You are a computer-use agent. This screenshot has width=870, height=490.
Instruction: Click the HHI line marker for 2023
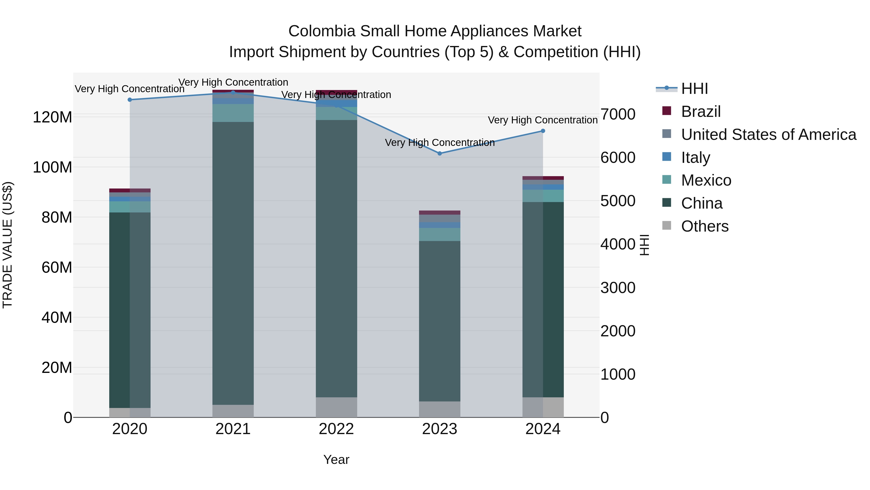pos(439,153)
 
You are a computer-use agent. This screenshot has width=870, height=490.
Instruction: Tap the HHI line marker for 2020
pos(130,100)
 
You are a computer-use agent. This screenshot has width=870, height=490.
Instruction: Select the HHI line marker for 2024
pos(543,131)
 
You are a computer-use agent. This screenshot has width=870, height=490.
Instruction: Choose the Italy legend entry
pos(695,158)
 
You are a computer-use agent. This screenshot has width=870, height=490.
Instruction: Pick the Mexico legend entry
pos(706,180)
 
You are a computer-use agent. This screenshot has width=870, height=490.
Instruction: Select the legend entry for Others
pos(704,226)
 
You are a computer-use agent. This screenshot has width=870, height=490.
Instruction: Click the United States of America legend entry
pos(768,135)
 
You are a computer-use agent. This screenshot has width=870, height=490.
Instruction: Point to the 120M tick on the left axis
pos(52,117)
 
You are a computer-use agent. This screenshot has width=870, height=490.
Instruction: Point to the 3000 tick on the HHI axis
pos(618,288)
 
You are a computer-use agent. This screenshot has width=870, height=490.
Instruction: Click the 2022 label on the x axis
pos(336,429)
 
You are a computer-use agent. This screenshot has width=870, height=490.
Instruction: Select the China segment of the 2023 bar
pos(439,321)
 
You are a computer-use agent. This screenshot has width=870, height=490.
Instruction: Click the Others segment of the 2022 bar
pos(336,407)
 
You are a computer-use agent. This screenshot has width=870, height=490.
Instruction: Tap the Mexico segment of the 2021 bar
pos(233,113)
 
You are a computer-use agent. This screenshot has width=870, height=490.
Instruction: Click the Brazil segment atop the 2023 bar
pos(439,213)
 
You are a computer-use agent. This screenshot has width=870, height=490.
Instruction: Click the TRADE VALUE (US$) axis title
pos(7,245)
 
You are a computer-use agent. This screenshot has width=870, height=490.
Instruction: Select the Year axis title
pos(336,460)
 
